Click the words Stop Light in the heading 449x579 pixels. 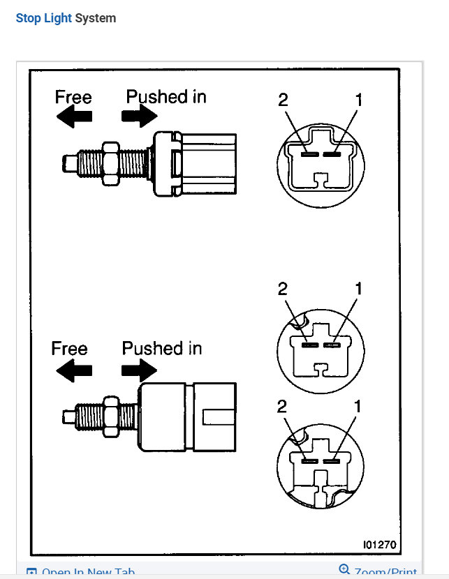[x=43, y=18]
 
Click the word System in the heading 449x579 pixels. [x=96, y=18]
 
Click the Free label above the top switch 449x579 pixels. [x=73, y=96]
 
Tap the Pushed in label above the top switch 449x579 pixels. [x=166, y=96]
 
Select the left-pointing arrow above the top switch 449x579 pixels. [x=74, y=118]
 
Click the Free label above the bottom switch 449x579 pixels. [x=69, y=349]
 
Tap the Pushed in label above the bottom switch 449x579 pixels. [x=162, y=348]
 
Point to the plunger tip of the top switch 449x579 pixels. [x=68, y=163]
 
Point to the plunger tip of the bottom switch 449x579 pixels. [x=68, y=416]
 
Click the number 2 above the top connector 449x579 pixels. [x=283, y=100]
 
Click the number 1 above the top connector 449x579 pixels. [x=359, y=100]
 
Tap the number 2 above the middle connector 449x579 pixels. [x=283, y=288]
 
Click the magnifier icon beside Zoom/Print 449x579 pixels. [x=344, y=570]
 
